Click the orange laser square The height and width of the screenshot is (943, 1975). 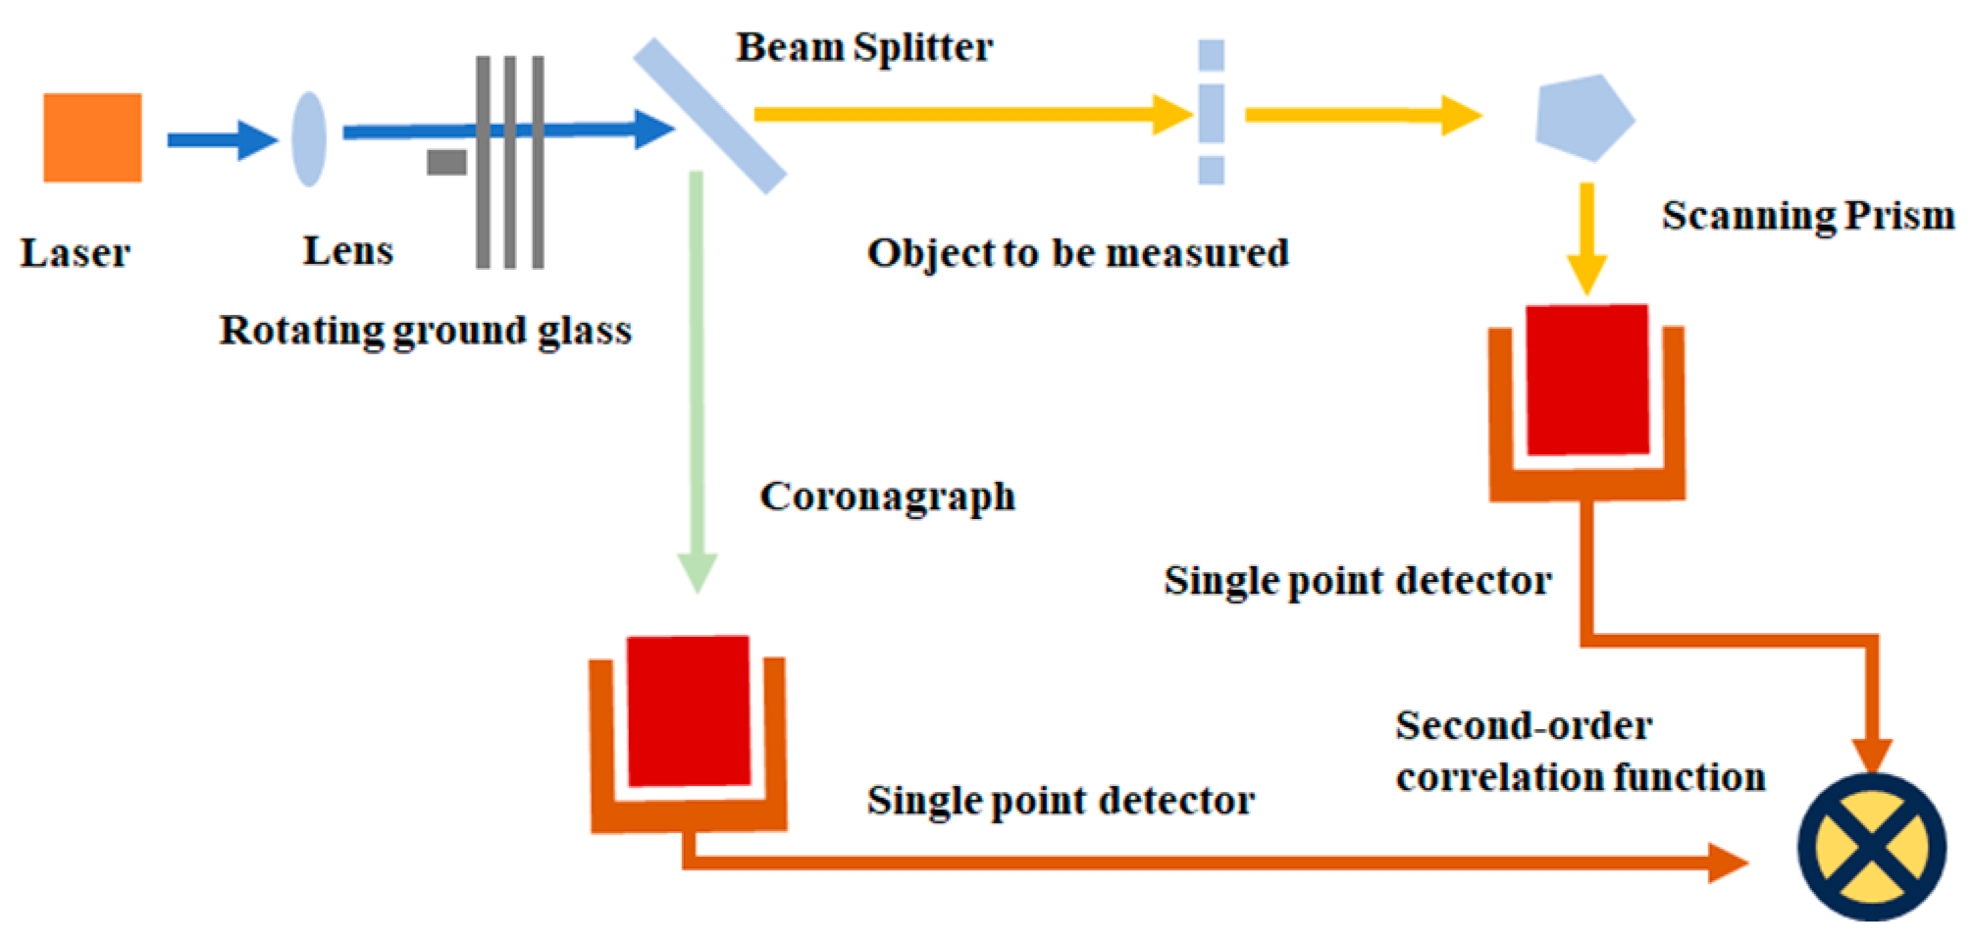(x=92, y=137)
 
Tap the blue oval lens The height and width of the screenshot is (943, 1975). (x=309, y=138)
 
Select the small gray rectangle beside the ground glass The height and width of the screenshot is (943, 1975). (x=446, y=162)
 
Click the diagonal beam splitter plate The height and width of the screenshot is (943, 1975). (x=709, y=116)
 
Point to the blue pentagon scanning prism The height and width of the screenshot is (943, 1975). (x=1583, y=119)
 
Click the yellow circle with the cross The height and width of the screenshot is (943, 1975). (x=1871, y=847)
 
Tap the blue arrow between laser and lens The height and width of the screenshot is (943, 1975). (x=222, y=139)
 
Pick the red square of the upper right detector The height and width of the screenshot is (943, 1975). (x=1587, y=380)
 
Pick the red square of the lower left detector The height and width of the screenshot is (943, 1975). (x=689, y=711)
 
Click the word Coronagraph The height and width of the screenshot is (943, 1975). (x=887, y=497)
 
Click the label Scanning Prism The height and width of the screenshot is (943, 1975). (x=1807, y=216)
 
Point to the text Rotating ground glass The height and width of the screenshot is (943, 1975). (x=425, y=331)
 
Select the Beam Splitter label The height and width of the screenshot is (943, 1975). (x=863, y=47)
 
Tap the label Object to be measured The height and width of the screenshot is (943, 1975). (x=1077, y=253)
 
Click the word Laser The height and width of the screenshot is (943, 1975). (x=75, y=253)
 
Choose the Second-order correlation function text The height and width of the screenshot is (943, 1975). (x=1580, y=752)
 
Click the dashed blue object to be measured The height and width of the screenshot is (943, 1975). (x=1211, y=111)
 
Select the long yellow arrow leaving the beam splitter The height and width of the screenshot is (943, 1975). (x=971, y=115)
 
